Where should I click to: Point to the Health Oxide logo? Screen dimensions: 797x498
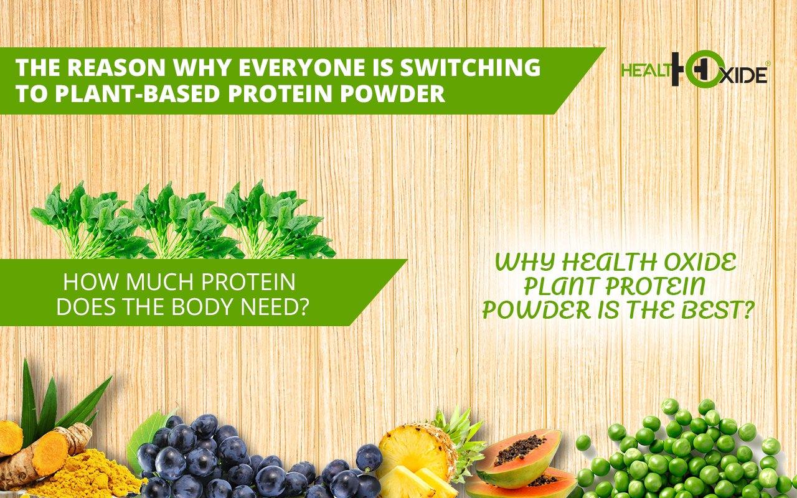pos(694,69)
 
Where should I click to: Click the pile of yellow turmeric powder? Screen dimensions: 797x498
pos(89,473)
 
